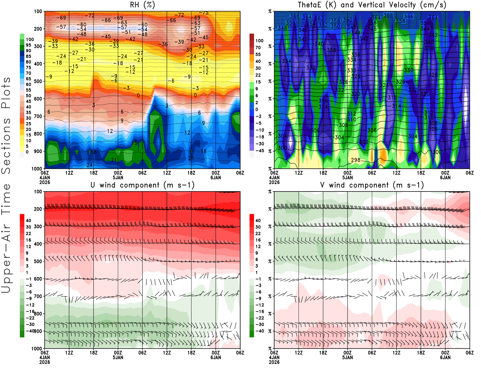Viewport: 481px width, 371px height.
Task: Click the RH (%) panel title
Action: click(x=142, y=5)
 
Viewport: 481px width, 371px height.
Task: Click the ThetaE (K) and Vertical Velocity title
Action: click(x=372, y=5)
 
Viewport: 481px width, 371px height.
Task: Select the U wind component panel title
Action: click(x=142, y=185)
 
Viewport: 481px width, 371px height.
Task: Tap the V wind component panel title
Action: click(x=372, y=185)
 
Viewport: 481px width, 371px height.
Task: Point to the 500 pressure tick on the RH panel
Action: click(x=38, y=81)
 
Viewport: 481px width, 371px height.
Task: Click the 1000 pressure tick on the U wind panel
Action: click(x=37, y=348)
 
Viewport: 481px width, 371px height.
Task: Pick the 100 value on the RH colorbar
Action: click(x=30, y=40)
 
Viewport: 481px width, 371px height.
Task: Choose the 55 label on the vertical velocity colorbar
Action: click(x=258, y=55)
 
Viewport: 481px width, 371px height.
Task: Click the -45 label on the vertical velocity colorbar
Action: click(x=259, y=151)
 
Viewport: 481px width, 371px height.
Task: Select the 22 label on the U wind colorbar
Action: click(x=28, y=234)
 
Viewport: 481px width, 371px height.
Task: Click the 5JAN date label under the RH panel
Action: click(x=118, y=177)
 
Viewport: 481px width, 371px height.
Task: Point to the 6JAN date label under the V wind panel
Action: click(x=445, y=357)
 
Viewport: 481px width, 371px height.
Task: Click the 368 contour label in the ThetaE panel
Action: click(x=388, y=15)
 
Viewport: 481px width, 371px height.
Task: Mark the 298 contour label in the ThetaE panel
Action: click(x=356, y=160)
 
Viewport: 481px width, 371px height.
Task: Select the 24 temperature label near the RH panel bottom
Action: click(x=90, y=165)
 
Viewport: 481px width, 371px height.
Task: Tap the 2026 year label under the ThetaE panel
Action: click(x=274, y=182)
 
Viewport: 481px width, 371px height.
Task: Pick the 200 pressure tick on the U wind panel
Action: click(x=38, y=209)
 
